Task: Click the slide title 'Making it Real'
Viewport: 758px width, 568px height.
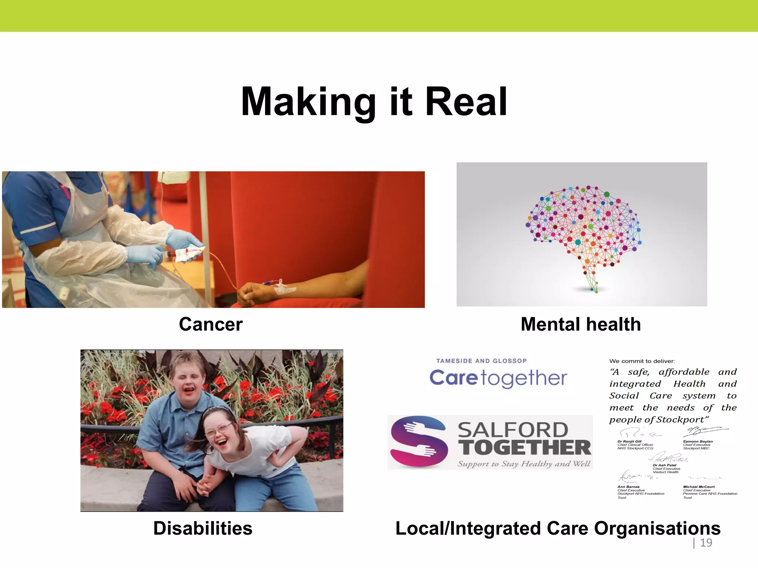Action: click(x=374, y=102)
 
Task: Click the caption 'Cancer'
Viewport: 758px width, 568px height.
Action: click(x=211, y=324)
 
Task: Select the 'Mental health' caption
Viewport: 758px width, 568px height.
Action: click(x=580, y=324)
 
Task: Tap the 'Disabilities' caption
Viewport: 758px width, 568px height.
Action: click(x=203, y=528)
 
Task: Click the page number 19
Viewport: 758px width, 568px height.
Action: click(x=706, y=542)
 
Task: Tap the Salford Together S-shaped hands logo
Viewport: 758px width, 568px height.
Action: click(x=419, y=442)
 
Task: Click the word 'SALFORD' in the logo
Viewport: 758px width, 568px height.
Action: click(x=513, y=430)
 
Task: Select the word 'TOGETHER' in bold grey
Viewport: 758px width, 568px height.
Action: click(x=525, y=447)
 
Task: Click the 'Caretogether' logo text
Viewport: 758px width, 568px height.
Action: click(x=498, y=378)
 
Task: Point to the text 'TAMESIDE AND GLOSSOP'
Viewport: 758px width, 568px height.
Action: click(x=481, y=361)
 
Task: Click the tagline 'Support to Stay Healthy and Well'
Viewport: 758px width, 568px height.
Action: click(x=524, y=464)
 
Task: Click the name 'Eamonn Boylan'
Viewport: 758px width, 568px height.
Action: click(x=698, y=442)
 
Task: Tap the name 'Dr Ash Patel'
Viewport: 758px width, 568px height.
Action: click(x=664, y=465)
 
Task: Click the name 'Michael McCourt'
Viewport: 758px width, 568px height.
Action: click(x=699, y=487)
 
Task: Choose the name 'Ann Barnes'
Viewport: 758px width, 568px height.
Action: click(x=628, y=487)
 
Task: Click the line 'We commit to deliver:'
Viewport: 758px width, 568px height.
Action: click(x=642, y=361)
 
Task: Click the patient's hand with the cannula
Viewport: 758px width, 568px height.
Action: click(x=255, y=292)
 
